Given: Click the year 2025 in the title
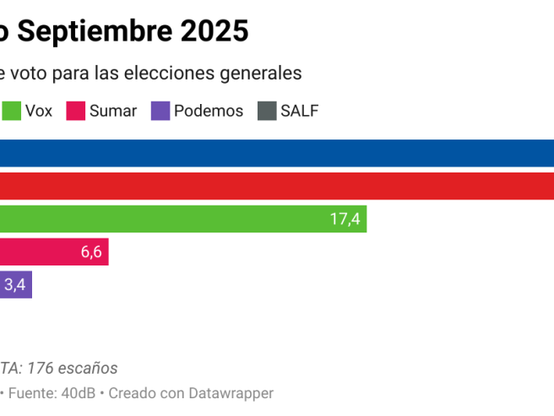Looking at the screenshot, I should [x=215, y=31].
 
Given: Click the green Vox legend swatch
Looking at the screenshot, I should [x=11, y=111].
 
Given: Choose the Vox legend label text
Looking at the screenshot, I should [x=39, y=111].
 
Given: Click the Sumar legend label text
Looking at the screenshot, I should [x=112, y=111].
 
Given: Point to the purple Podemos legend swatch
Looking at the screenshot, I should [x=160, y=111].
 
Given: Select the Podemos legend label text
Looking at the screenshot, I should [x=209, y=111].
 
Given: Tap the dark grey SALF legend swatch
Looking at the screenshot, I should [x=267, y=111].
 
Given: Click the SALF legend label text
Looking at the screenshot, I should [x=300, y=111].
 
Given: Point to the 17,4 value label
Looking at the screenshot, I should [x=345, y=219].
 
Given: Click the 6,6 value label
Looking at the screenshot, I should [x=91, y=252].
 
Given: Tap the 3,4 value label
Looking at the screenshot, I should [x=14, y=285].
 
